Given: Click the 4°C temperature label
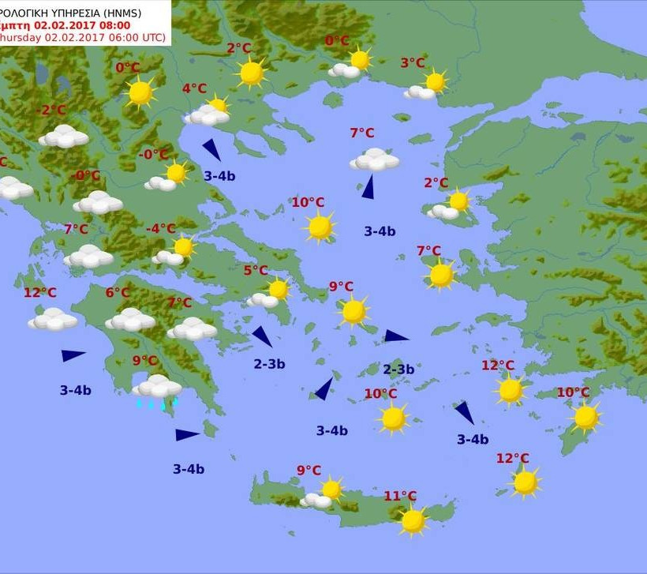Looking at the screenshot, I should tap(194, 89).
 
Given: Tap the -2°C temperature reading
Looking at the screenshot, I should tap(54, 111).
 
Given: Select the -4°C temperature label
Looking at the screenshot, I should tap(161, 229).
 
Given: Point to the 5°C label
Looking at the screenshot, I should tap(255, 271).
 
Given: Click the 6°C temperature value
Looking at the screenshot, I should tap(118, 293).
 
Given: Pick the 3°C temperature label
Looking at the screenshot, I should tap(413, 63).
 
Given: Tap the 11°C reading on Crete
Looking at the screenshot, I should tap(400, 496).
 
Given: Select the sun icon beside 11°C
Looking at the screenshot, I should tap(413, 520).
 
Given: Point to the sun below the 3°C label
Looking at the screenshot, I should tap(435, 81).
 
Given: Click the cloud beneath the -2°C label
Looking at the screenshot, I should tap(64, 137).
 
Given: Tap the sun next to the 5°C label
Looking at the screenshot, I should tap(278, 290).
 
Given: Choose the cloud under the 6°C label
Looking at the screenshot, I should tap(130, 320).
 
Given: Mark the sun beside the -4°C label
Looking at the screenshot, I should tap(184, 247).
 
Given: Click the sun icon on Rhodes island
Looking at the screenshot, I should tap(585, 418).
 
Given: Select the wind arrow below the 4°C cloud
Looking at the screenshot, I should tap(211, 149).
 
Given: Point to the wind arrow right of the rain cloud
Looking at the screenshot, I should tap(187, 434).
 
